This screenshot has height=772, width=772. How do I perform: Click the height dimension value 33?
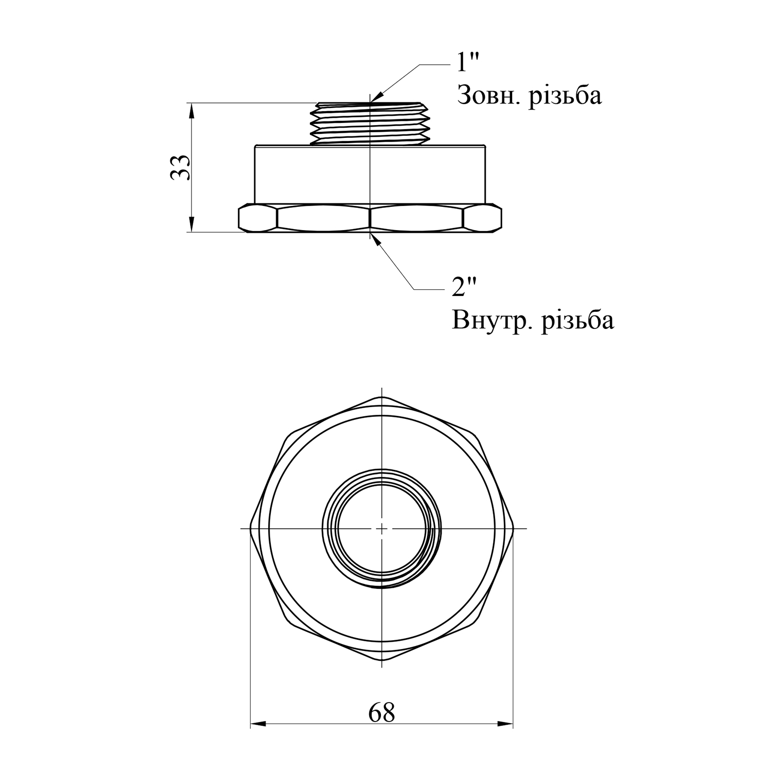point(181,167)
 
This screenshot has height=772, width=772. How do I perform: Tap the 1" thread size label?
point(468,63)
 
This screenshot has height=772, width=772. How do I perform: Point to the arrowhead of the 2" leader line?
point(376,239)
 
